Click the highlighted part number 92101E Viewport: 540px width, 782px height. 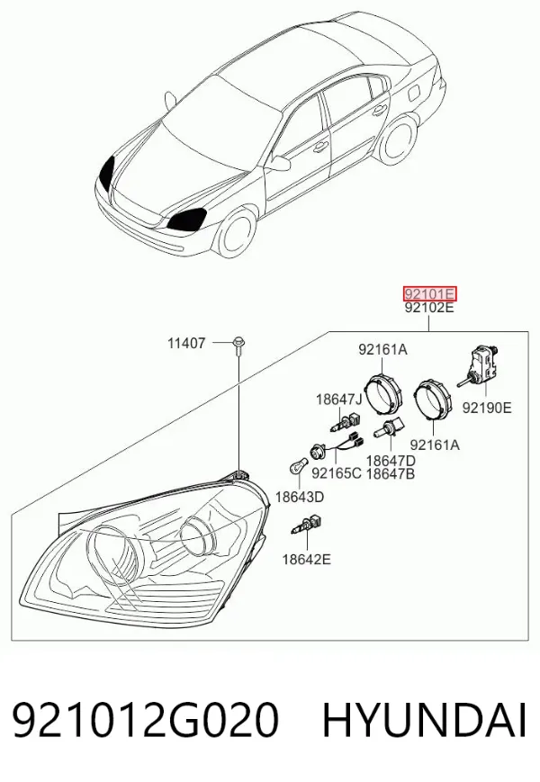(x=429, y=293)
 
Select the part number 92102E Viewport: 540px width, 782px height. (x=429, y=309)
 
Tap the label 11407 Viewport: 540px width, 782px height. (x=186, y=343)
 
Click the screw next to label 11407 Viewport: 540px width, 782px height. (x=238, y=346)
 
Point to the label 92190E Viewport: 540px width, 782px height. (x=486, y=408)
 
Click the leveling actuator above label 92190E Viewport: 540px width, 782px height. (x=479, y=365)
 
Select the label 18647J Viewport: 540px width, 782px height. (x=339, y=399)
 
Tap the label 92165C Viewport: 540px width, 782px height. (x=337, y=472)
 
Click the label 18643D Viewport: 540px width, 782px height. (x=300, y=497)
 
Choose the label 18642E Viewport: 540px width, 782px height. (x=307, y=559)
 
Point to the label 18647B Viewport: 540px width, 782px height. (x=391, y=473)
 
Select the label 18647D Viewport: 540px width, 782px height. (x=391, y=460)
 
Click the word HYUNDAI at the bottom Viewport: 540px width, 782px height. (x=424, y=721)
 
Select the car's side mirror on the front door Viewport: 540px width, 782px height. (x=281, y=163)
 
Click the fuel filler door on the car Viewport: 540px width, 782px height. (x=415, y=93)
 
